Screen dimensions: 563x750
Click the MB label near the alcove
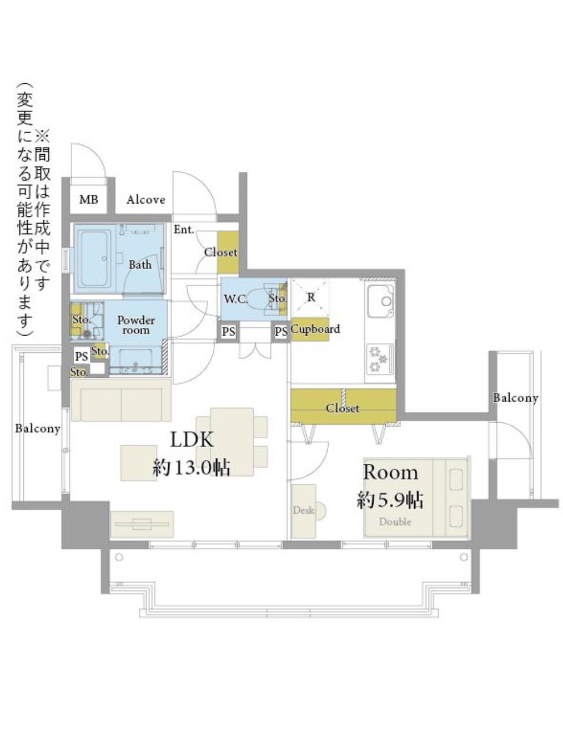click(88, 200)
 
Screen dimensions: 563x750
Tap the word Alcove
click(145, 200)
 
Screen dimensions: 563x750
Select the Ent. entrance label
click(184, 229)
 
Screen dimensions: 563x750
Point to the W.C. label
click(235, 299)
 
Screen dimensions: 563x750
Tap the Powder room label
click(136, 325)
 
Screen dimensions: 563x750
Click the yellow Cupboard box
click(310, 330)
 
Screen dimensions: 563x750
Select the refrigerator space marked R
click(310, 297)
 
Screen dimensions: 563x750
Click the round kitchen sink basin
click(386, 301)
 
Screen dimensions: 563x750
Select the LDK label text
click(192, 439)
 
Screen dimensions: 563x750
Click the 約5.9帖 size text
click(390, 501)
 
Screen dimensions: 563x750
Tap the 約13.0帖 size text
click(191, 468)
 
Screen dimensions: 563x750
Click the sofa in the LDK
click(121, 400)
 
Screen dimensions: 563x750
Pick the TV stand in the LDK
click(142, 524)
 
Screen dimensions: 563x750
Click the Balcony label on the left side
click(38, 428)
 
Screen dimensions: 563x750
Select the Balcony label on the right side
click(515, 398)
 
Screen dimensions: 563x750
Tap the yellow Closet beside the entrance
click(228, 252)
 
